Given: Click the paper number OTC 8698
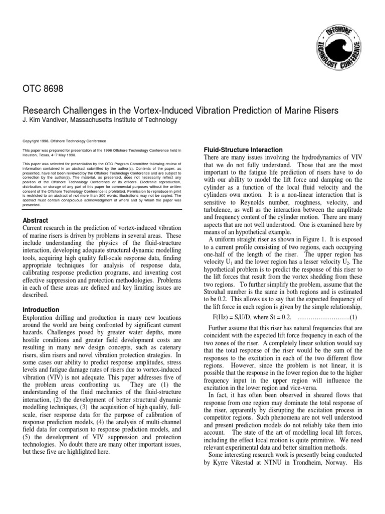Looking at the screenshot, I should click(x=44, y=89).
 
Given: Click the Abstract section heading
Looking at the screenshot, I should click(x=36, y=220).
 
